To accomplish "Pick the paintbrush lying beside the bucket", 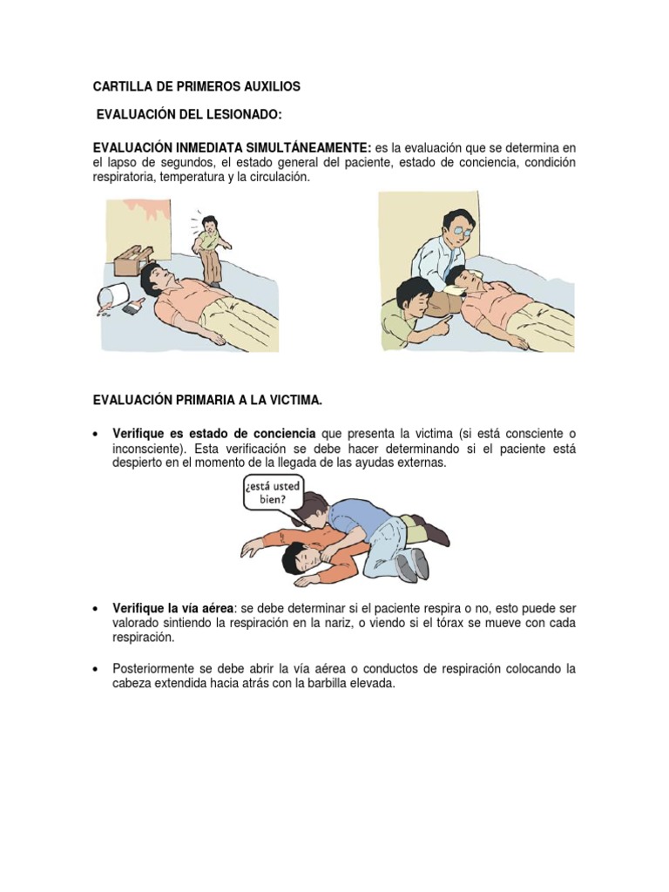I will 136,306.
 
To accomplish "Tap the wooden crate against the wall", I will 132,260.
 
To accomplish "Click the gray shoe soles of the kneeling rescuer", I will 414,564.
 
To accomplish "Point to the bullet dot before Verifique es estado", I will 96,435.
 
